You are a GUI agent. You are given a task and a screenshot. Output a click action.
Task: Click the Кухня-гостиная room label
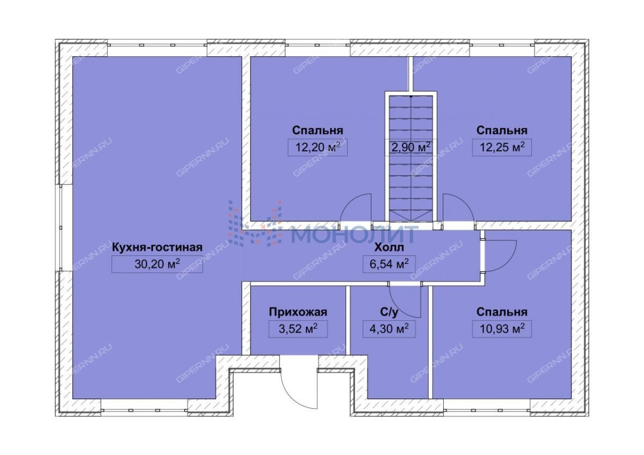tap(157, 247)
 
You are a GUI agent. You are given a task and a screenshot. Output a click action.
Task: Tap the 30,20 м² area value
tap(157, 264)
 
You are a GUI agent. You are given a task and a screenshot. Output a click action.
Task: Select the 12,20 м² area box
tap(318, 148)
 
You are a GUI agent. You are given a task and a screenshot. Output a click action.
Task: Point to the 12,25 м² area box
tap(502, 148)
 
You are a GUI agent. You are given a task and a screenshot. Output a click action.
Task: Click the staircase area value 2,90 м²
tap(411, 147)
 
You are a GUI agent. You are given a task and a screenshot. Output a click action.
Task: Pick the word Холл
tap(389, 247)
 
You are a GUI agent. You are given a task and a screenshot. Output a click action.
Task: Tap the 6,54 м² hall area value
tap(389, 264)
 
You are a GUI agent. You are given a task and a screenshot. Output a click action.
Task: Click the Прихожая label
tap(298, 312)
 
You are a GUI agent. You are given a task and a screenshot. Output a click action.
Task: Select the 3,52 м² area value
tap(298, 329)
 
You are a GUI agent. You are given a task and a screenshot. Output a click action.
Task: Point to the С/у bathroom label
tap(389, 312)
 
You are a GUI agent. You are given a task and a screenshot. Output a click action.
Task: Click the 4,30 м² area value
tap(389, 329)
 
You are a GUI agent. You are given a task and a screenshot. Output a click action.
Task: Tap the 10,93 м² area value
tap(502, 329)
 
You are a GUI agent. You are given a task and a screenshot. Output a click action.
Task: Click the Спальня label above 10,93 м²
tap(502, 312)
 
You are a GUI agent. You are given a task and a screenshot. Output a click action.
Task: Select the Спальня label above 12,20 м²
tap(318, 130)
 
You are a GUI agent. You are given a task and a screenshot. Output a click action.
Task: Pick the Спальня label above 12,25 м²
tap(502, 130)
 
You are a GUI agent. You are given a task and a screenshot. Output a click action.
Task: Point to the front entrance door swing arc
tap(290, 398)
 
